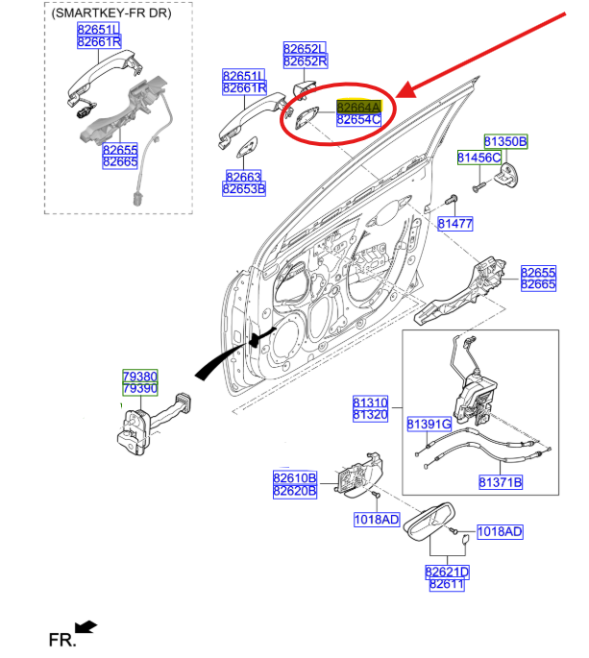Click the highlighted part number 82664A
click(358, 107)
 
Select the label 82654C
click(358, 120)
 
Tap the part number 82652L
click(305, 48)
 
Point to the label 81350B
click(505, 142)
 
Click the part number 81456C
click(479, 157)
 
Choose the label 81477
click(455, 224)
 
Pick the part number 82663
click(244, 177)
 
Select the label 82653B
click(244, 189)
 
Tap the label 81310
click(370, 402)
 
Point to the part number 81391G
click(429, 424)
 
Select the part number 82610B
click(294, 478)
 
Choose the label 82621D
click(447, 572)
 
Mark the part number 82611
click(447, 584)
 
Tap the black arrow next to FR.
click(86, 627)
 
